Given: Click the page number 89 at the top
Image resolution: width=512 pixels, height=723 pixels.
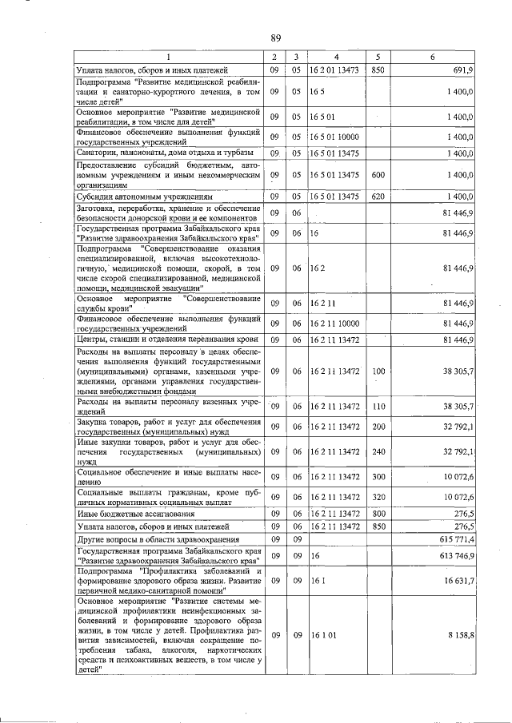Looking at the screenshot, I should coord(275,38).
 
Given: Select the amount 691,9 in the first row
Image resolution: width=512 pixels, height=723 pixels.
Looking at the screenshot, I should coord(463,70).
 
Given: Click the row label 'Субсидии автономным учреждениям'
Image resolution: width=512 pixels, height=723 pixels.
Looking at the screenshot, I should coord(145,195).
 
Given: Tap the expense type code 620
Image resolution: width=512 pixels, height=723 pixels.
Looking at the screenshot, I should coord(378,195).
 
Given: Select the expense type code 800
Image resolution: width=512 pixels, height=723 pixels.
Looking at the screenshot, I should coord(378,513).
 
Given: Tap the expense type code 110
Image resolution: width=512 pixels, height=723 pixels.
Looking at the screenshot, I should coord(378,406).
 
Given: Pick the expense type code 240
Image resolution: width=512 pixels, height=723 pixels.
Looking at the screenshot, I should coord(378,451).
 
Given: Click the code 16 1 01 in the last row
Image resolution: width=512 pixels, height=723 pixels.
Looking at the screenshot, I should coord(323,634).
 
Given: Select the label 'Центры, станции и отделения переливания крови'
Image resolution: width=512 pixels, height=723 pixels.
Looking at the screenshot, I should coord(167,340).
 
